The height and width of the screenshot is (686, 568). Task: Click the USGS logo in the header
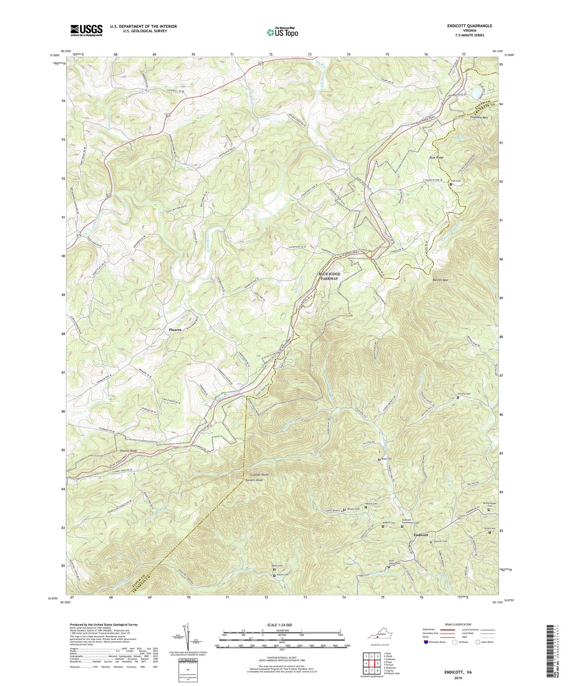click(x=86, y=30)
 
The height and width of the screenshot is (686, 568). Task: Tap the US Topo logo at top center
click(x=282, y=33)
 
